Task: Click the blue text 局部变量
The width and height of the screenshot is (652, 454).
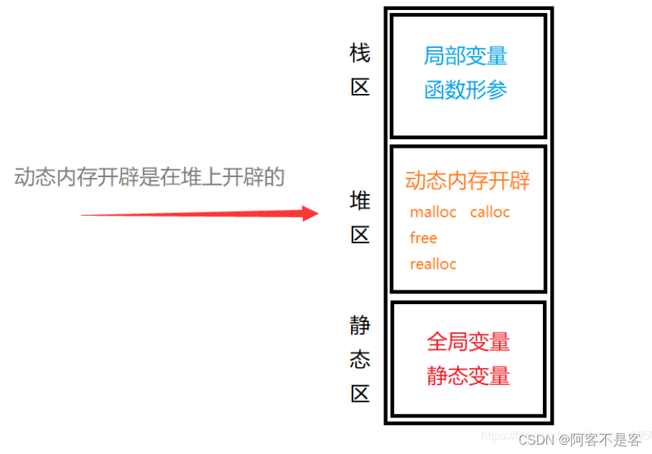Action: [x=465, y=56]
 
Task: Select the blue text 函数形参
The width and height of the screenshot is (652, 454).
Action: [x=465, y=90]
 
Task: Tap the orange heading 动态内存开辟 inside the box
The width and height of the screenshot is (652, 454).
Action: [x=467, y=181]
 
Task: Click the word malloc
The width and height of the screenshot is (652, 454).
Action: [x=433, y=212]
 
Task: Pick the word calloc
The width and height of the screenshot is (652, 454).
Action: [x=490, y=212]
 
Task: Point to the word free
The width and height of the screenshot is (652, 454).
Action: [x=423, y=238]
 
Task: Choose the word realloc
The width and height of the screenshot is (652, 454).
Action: [x=433, y=264]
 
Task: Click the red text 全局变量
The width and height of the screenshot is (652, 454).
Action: [x=468, y=341]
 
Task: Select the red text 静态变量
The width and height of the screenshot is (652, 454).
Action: [x=468, y=376]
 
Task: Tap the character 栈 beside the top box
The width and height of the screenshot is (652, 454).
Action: [x=360, y=53]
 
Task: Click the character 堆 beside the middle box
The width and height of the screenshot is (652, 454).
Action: [x=360, y=201]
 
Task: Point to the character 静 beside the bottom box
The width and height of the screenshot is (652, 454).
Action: [x=360, y=326]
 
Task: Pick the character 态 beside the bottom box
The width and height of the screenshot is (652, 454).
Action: [x=360, y=359]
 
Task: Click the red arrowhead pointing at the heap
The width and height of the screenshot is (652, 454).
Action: [x=310, y=213]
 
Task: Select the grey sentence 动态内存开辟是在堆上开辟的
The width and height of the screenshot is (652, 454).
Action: [x=149, y=177]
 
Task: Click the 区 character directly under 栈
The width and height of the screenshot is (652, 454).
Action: [x=360, y=88]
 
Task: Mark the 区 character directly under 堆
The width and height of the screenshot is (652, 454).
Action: [x=360, y=235]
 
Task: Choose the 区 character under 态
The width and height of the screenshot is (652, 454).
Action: [x=360, y=393]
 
